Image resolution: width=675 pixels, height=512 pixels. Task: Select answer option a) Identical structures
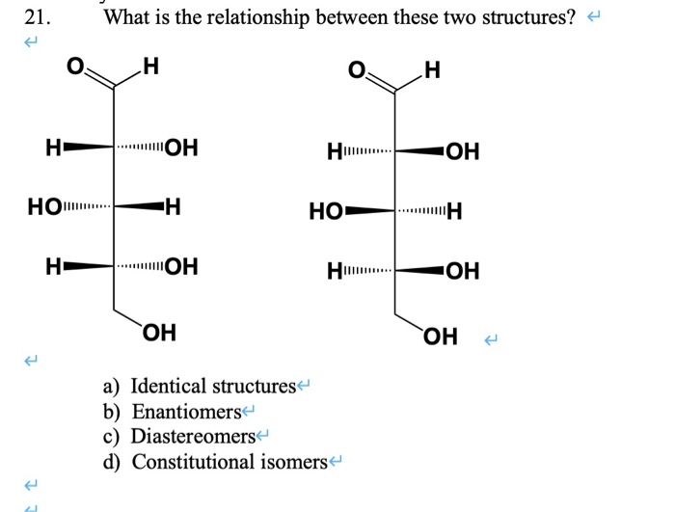tap(211, 387)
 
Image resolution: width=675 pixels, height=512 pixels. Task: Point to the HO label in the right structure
tap(325, 211)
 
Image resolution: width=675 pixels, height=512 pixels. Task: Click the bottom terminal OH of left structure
tap(159, 334)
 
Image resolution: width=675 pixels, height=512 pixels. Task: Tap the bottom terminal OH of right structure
tap(440, 337)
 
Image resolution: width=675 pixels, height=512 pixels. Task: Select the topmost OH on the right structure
tap(463, 152)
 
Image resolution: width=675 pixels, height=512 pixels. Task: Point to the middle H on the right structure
tap(455, 211)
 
